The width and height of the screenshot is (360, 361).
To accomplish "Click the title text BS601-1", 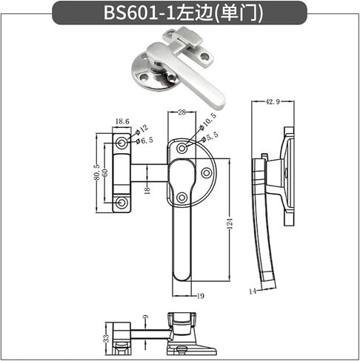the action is pos(139,13).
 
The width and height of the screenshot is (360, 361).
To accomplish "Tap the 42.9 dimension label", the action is pos(273,101).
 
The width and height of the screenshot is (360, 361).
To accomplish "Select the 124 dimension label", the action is pos(230,223).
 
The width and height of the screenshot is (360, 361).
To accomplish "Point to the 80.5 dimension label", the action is pos(97,172).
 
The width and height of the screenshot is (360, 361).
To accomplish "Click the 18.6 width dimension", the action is pos(122,121).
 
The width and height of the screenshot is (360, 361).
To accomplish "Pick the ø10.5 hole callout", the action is pos(207,121).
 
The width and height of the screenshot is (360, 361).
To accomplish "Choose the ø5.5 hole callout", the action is pos(210,137).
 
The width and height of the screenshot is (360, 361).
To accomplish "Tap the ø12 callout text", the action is pos(141,129).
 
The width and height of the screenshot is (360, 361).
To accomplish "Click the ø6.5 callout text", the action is pos(144,141).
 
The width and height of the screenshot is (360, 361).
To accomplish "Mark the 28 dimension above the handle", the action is pos(181,112).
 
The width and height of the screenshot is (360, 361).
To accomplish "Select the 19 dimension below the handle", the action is pos(201,296).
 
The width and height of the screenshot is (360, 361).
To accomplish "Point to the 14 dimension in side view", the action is pos(253,291).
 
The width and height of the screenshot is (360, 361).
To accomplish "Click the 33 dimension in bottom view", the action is pos(106,338).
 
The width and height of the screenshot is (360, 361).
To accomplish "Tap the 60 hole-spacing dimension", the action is pos(105,172).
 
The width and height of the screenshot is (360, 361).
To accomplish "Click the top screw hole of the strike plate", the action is pos(121,143).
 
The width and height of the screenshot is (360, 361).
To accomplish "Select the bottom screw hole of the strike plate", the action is pos(121,203).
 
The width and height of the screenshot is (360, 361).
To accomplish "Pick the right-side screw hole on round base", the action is pos(207,173).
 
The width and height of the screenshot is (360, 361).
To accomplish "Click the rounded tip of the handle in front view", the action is pos(182,277).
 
